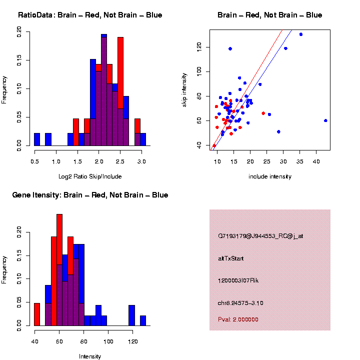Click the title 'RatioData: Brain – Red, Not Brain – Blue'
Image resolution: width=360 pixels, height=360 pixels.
click(x=90, y=15)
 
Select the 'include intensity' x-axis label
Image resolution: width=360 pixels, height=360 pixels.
click(x=270, y=176)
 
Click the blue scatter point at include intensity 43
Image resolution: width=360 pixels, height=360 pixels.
click(x=325, y=120)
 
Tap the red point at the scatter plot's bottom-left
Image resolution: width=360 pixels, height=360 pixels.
click(x=214, y=145)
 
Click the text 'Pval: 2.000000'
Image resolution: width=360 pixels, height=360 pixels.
click(x=238, y=319)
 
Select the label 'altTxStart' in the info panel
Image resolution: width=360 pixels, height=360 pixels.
click(x=231, y=258)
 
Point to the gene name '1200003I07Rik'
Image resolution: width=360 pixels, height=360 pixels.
click(x=238, y=280)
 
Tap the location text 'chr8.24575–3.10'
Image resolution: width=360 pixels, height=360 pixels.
click(x=240, y=303)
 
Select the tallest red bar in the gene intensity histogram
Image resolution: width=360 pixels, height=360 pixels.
click(x=59, y=270)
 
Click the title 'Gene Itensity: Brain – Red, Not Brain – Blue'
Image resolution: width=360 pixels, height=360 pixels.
click(x=90, y=195)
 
